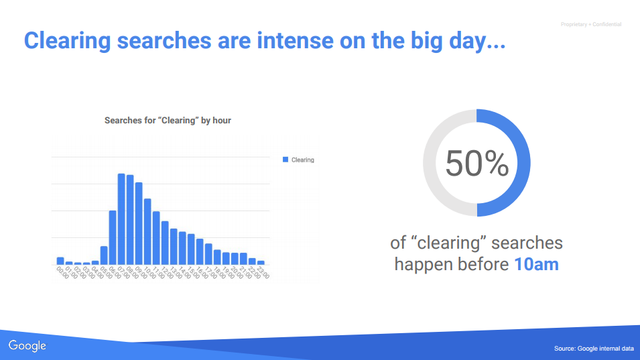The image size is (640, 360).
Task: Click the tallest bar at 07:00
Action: pyautogui.click(x=121, y=219)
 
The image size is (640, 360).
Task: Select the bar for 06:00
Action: pyautogui.click(x=113, y=237)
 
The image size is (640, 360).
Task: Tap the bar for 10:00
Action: pyautogui.click(x=147, y=232)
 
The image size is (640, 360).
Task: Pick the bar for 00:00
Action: pyautogui.click(x=60, y=261)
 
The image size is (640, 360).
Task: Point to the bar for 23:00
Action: pyautogui.click(x=261, y=263)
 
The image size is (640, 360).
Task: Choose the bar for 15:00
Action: pyautogui.click(x=191, y=249)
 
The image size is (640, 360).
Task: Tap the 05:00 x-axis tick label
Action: pyautogui.click(x=107, y=273)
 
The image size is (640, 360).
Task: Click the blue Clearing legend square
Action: pyautogui.click(x=285, y=160)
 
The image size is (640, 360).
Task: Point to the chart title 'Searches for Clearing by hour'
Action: pyautogui.click(x=168, y=121)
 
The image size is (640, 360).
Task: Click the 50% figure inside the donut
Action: pyautogui.click(x=476, y=164)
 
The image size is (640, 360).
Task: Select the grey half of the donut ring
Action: pyautogui.click(x=430, y=163)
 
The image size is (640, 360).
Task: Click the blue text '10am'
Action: pyautogui.click(x=536, y=264)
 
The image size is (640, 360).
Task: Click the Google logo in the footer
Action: pyautogui.click(x=27, y=346)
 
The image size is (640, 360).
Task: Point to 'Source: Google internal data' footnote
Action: pyautogui.click(x=594, y=348)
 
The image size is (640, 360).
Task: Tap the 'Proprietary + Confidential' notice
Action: pyautogui.click(x=591, y=25)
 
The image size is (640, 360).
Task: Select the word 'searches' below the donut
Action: pyautogui.click(x=527, y=243)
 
